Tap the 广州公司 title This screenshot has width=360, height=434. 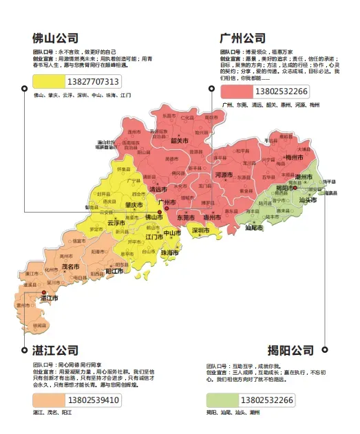[x=242, y=38]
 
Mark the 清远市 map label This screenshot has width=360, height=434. [x=158, y=188]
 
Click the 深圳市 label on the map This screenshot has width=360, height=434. [x=201, y=230]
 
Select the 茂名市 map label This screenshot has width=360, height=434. [x=70, y=265]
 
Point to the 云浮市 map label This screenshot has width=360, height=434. [x=116, y=223]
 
